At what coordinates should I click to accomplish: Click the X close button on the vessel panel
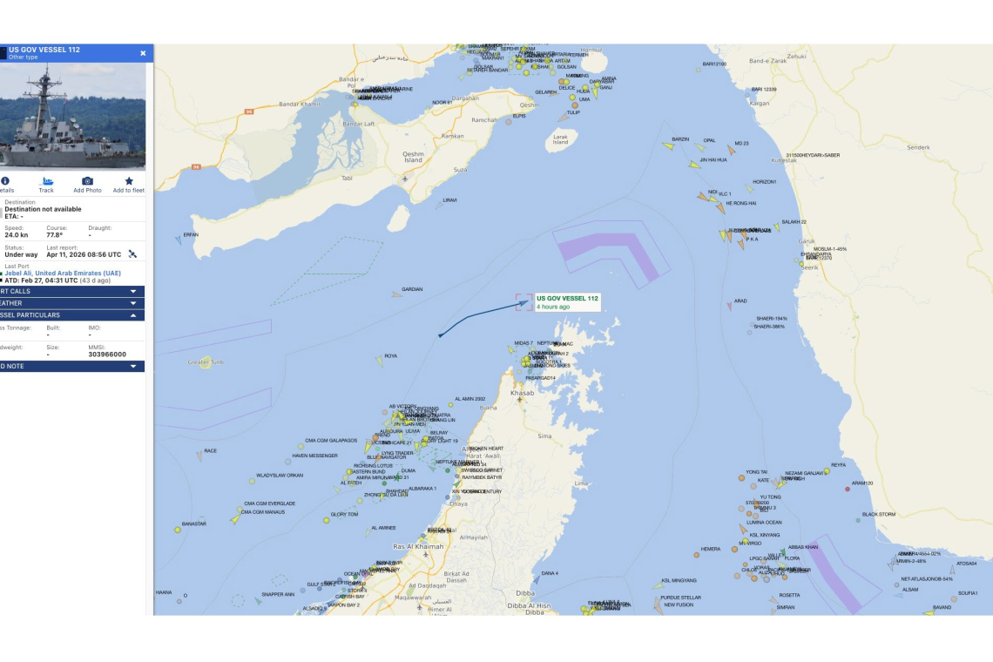click(143, 53)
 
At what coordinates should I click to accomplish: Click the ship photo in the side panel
click(72, 116)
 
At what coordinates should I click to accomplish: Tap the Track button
click(46, 185)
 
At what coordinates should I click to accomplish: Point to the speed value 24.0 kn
click(17, 235)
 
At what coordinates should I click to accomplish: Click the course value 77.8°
click(57, 235)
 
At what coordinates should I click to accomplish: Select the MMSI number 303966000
click(107, 355)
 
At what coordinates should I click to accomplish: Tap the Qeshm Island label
click(413, 157)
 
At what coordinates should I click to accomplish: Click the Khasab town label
click(522, 393)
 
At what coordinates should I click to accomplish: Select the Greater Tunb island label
click(206, 361)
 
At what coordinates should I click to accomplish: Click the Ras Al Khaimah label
click(418, 546)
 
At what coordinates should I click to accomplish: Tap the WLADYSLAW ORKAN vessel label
click(280, 476)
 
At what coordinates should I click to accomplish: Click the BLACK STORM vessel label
click(878, 515)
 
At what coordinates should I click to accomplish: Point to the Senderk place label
click(919, 148)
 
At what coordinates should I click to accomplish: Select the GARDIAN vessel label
click(412, 289)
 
